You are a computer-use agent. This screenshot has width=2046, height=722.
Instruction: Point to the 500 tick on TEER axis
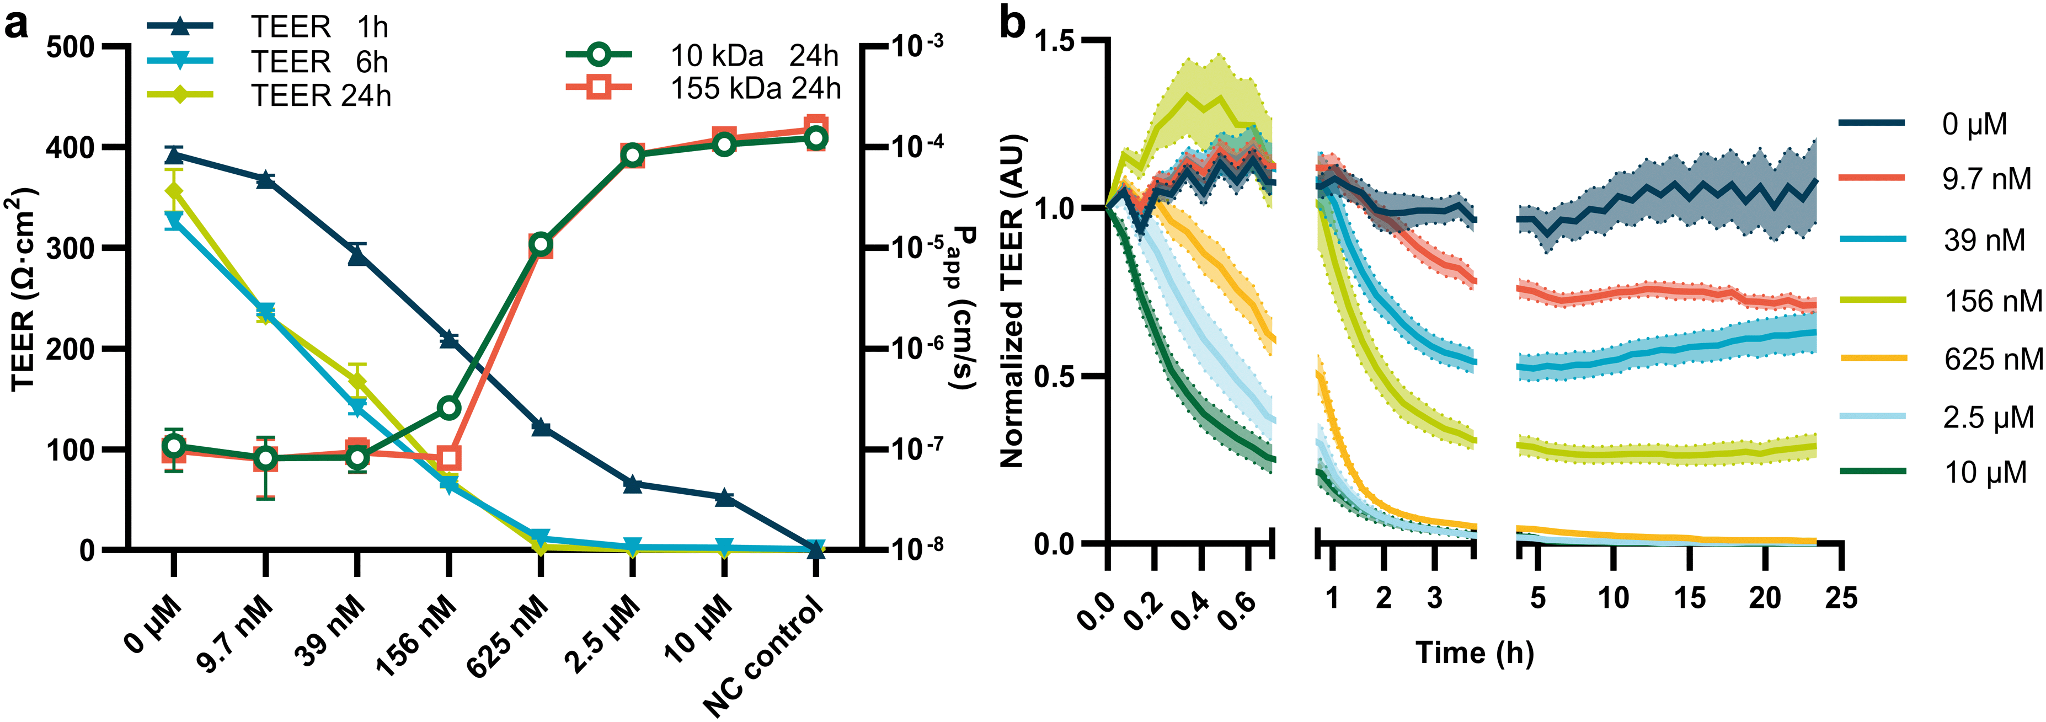70,47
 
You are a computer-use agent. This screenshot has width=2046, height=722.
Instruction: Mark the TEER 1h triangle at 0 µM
174,154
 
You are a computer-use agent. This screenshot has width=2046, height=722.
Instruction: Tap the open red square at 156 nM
449,458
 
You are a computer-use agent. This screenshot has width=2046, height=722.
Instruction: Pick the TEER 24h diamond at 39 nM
357,382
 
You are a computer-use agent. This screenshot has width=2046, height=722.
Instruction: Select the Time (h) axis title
1474,653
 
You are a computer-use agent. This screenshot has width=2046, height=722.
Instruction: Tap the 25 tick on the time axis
1840,597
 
